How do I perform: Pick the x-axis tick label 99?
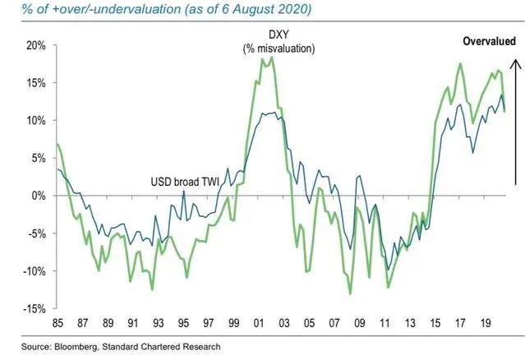pos(235,323)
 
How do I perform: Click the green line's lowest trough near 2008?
pos(351,293)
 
